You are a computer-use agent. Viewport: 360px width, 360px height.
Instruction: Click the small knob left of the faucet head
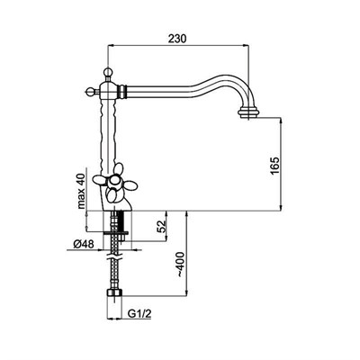(x=89, y=91)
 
